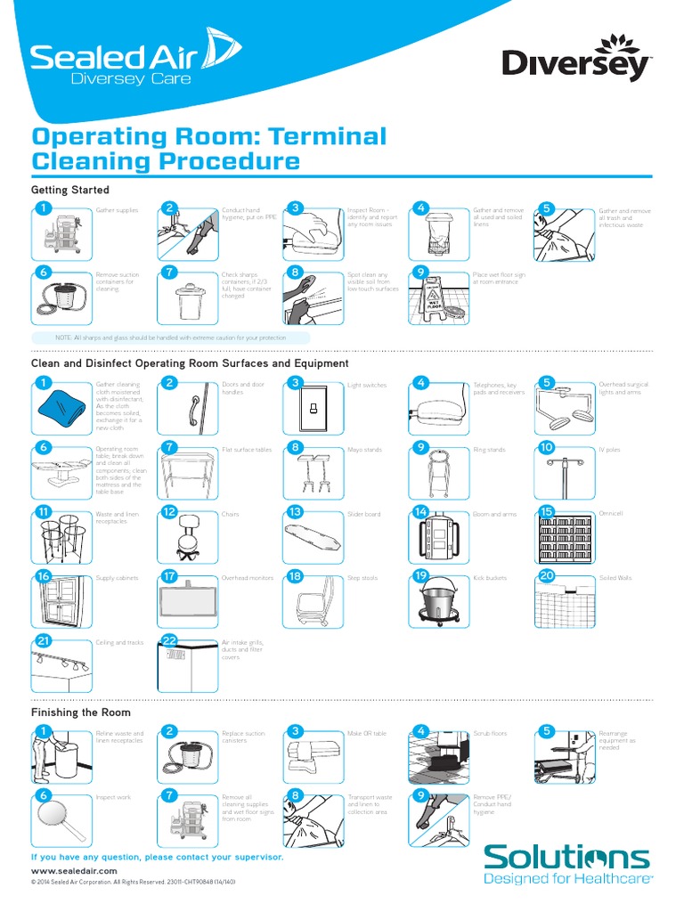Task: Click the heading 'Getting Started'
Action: pyautogui.click(x=70, y=190)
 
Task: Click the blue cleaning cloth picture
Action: pyautogui.click(x=61, y=409)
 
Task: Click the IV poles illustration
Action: pyautogui.click(x=565, y=472)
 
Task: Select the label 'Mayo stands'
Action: pyautogui.click(x=364, y=450)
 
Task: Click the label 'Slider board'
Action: pyautogui.click(x=363, y=514)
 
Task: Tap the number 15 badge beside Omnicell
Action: pyautogui.click(x=547, y=511)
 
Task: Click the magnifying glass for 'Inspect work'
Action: pyautogui.click(x=61, y=816)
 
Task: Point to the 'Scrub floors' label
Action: pyautogui.click(x=490, y=733)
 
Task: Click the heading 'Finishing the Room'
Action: pyautogui.click(x=81, y=712)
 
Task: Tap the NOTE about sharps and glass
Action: pyautogui.click(x=170, y=338)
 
